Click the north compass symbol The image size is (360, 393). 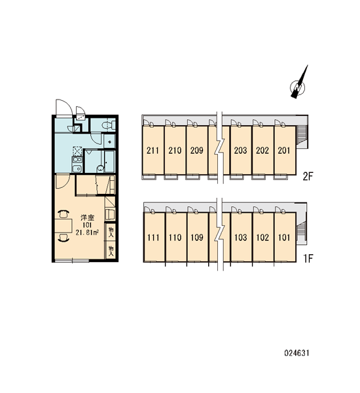[x=298, y=86]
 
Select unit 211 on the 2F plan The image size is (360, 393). [x=153, y=150]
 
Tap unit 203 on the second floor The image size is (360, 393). [x=240, y=150]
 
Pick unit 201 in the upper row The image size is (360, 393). [x=285, y=150]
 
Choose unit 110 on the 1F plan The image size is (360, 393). [x=175, y=237]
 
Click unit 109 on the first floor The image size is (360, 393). [x=198, y=237]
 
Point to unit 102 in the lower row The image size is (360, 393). [x=262, y=237]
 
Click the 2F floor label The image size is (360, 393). [x=308, y=177]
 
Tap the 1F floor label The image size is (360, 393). [x=308, y=259]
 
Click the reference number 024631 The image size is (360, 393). [x=297, y=353]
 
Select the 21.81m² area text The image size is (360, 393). [x=87, y=233]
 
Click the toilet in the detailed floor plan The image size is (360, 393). [x=109, y=124]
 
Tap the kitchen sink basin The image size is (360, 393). [x=77, y=169]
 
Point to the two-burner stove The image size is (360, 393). [x=77, y=160]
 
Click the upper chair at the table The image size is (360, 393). [x=63, y=214]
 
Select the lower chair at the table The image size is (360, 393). [x=63, y=237]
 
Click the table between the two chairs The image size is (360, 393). [x=63, y=225]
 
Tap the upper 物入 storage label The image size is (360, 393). [x=111, y=232]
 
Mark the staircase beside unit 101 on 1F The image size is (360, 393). [x=300, y=232]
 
